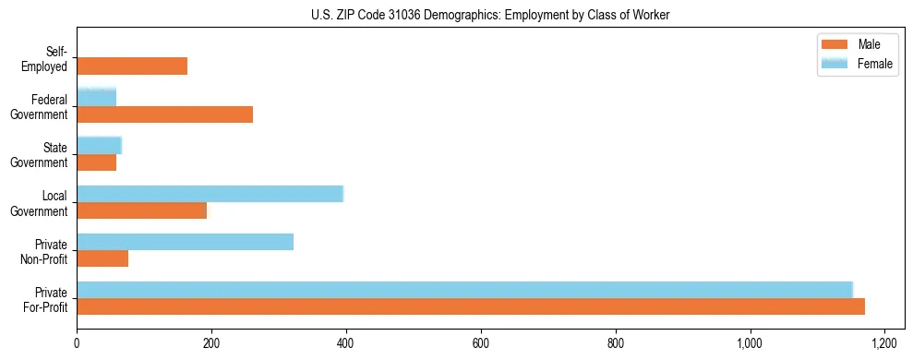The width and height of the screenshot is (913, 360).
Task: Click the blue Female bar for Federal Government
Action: tap(97, 97)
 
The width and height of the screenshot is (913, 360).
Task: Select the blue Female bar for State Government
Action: tap(100, 145)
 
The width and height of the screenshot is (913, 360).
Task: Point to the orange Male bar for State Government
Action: tap(97, 162)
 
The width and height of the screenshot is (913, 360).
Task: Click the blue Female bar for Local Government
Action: tap(210, 193)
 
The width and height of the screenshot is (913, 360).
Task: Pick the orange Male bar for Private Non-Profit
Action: tap(102, 258)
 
